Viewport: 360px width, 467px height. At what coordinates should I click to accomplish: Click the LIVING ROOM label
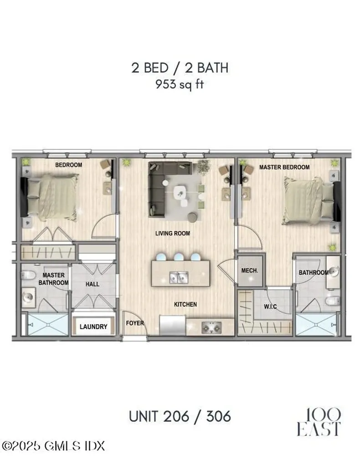coord(173,233)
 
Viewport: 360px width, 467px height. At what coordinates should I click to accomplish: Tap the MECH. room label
coord(249,270)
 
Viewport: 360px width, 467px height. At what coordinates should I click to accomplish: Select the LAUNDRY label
coord(93,327)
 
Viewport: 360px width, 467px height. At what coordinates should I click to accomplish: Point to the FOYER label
coord(135,323)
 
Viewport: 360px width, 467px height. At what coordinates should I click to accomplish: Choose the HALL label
coord(93,284)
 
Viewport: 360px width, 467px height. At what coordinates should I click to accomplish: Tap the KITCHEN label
coord(185,304)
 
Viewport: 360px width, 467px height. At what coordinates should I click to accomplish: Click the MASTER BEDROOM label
coord(284,167)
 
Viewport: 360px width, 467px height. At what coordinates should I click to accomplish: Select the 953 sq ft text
coord(179,85)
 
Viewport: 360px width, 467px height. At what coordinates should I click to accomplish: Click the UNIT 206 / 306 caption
coord(180,416)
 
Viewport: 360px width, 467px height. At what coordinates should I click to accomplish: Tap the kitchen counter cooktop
coord(210,326)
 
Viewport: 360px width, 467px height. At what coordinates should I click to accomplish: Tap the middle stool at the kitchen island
coord(180,256)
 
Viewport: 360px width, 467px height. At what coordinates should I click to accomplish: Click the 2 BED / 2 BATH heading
coord(180,68)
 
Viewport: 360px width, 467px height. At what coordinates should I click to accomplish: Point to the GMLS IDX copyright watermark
coord(53,444)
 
